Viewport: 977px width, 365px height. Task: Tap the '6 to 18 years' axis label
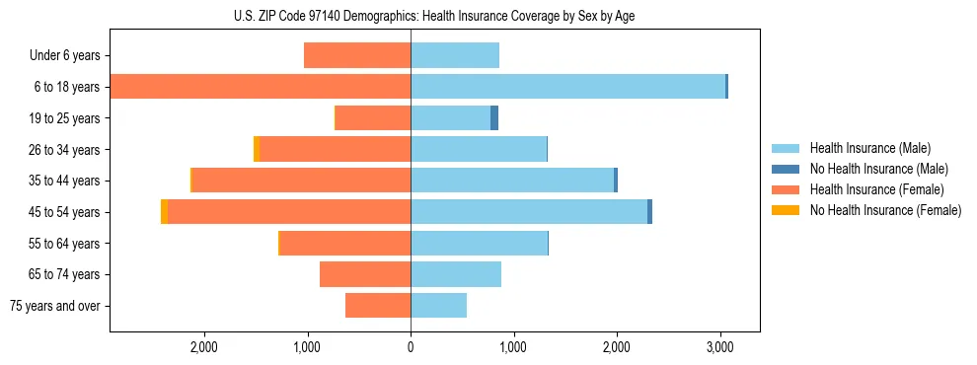pos(65,87)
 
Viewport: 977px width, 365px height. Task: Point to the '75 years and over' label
pos(55,306)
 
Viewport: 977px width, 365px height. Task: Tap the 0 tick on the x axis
pos(411,346)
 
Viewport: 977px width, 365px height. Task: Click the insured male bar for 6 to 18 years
pos(567,87)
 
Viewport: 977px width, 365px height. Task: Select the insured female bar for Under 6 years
pos(357,56)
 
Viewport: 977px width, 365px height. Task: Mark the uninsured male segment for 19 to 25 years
pos(494,118)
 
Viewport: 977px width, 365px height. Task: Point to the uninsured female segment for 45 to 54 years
pos(164,212)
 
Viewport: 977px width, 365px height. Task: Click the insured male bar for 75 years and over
pos(438,306)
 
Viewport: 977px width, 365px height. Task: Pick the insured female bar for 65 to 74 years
pos(365,274)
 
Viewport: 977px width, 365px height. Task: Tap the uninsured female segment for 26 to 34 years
pos(257,149)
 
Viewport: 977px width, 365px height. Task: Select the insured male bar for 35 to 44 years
pos(511,181)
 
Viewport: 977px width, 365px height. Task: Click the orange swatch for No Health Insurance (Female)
pos(786,210)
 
